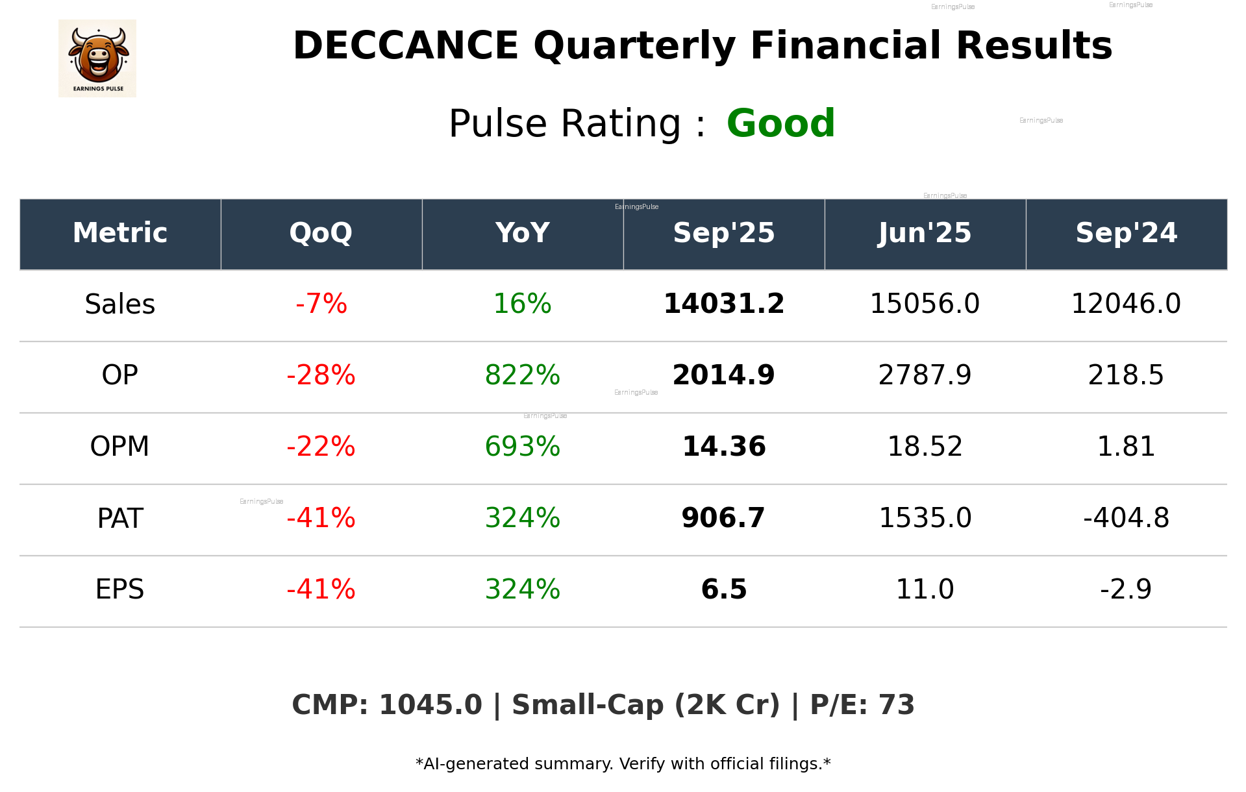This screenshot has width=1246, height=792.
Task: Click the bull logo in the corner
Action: click(97, 58)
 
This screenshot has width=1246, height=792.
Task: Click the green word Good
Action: click(780, 123)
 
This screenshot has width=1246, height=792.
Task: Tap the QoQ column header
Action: click(321, 233)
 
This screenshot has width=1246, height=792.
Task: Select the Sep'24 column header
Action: click(1126, 233)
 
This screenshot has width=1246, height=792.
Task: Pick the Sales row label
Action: click(120, 304)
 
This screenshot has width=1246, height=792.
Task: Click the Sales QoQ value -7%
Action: click(321, 304)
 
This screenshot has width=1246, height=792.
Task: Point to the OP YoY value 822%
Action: click(522, 376)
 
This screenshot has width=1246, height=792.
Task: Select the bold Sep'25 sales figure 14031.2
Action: click(723, 304)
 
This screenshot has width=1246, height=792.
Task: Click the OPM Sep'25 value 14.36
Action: click(723, 447)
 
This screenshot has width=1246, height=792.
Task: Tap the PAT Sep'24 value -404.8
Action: click(1126, 519)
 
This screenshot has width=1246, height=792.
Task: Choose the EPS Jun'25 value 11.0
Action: click(925, 590)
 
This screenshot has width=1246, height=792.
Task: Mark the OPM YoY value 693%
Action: click(522, 447)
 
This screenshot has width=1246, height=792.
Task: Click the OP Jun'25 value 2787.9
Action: click(925, 376)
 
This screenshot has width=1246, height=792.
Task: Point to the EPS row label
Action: click(120, 590)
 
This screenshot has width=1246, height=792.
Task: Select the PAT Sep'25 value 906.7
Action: click(723, 519)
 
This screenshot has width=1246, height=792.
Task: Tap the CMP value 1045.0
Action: click(430, 706)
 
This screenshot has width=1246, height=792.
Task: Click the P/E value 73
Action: click(896, 706)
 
